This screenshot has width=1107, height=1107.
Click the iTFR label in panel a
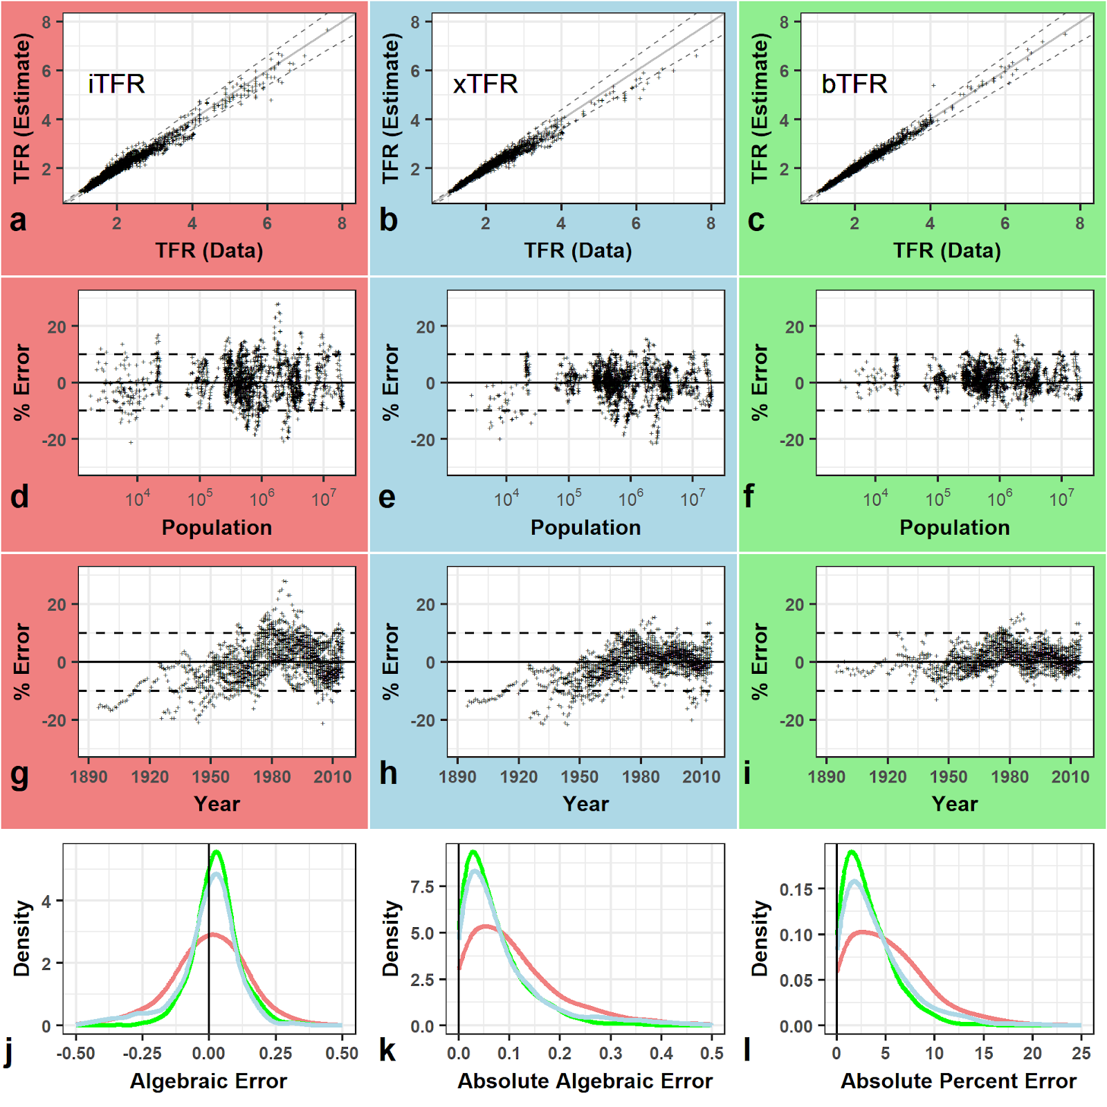click(116, 84)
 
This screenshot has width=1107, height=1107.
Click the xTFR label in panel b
click(485, 84)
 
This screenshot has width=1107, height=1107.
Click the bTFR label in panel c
click(854, 84)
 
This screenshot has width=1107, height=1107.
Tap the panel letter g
click(19, 774)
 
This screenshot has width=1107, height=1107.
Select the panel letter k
click(387, 1050)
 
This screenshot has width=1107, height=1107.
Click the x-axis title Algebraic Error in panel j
click(208, 1081)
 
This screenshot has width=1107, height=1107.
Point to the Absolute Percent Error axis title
click(958, 1081)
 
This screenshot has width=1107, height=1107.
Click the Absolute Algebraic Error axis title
click(585, 1081)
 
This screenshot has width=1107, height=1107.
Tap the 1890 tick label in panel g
click(89, 776)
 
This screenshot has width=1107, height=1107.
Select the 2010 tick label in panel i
click(1070, 776)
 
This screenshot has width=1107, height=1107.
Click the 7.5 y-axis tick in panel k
click(422, 887)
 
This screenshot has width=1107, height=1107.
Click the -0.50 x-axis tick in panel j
click(76, 1053)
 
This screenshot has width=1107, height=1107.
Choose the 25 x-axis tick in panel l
click(1081, 1053)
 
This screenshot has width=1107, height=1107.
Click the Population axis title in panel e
click(585, 527)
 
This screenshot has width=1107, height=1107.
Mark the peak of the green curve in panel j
click(217, 852)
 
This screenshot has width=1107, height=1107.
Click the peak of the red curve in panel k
click(488, 926)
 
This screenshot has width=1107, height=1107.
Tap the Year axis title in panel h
click(585, 804)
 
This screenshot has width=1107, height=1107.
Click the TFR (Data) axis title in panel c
click(946, 250)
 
